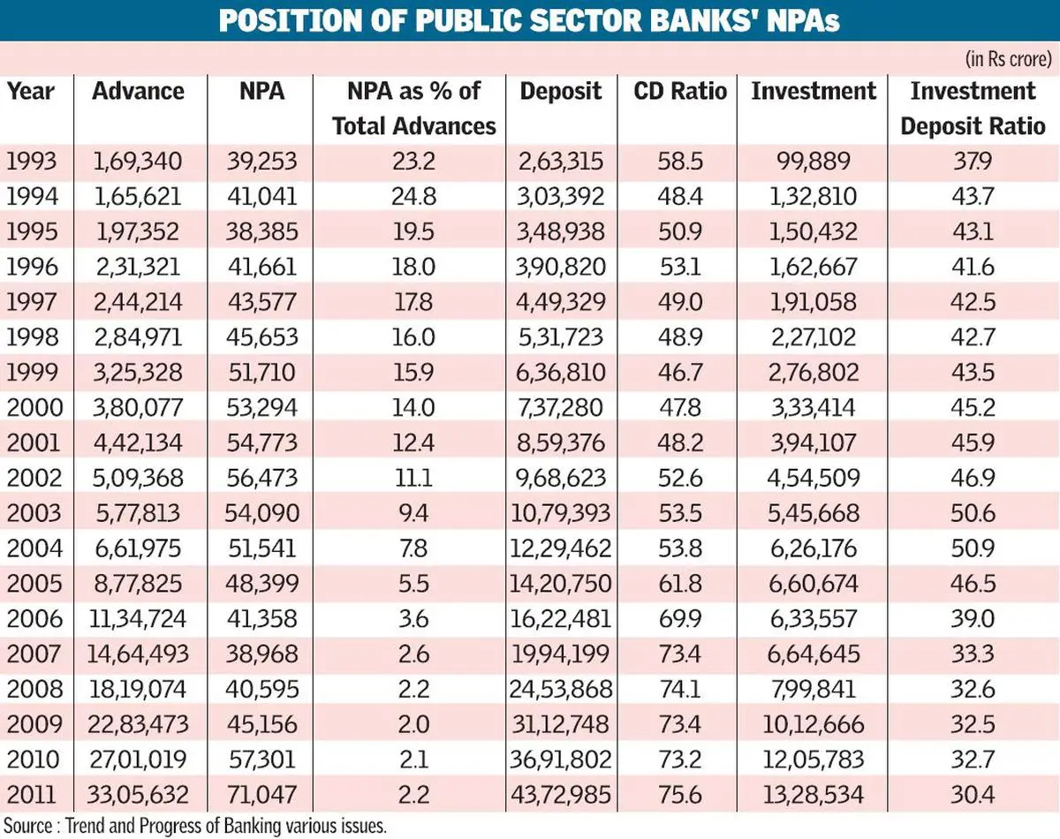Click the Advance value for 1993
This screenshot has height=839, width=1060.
tap(138, 161)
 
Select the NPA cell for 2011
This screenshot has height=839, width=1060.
tap(261, 794)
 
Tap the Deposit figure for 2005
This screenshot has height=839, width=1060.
tap(561, 583)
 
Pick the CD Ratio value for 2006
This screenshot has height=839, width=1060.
tap(680, 618)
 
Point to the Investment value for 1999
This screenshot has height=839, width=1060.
tap(814, 372)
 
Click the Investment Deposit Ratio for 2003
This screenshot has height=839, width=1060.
tap(973, 513)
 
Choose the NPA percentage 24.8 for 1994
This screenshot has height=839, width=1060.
tap(413, 196)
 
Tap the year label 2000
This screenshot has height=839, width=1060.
tap(34, 407)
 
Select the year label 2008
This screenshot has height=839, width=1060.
tap(34, 689)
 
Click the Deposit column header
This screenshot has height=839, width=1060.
tap(561, 91)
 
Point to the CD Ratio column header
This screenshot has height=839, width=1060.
tap(680, 91)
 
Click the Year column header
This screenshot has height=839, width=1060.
tap(31, 91)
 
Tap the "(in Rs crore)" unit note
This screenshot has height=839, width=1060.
tap(1008, 59)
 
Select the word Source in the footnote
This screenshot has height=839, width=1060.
tap(28, 826)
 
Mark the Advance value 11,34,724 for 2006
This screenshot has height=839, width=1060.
tap(138, 618)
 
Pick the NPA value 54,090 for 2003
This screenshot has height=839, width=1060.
tap(261, 513)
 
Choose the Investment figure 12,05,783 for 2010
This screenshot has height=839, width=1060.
tap(814, 760)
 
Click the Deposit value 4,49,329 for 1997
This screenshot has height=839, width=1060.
tap(561, 301)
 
